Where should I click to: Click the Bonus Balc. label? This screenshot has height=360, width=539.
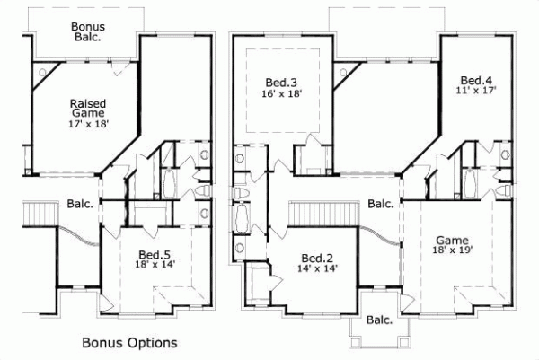click(x=87, y=32)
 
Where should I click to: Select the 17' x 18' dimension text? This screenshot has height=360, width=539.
click(x=88, y=125)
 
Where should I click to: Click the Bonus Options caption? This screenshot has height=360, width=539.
click(x=129, y=342)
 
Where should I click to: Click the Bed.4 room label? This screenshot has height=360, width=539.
click(x=476, y=78)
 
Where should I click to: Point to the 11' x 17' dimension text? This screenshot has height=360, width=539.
click(x=476, y=91)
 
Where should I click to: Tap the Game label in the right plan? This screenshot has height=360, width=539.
click(x=452, y=240)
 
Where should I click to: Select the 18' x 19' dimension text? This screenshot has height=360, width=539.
click(x=452, y=251)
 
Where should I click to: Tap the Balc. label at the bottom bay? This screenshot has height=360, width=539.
click(x=381, y=320)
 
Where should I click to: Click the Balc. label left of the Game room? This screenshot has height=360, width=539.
click(x=381, y=204)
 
